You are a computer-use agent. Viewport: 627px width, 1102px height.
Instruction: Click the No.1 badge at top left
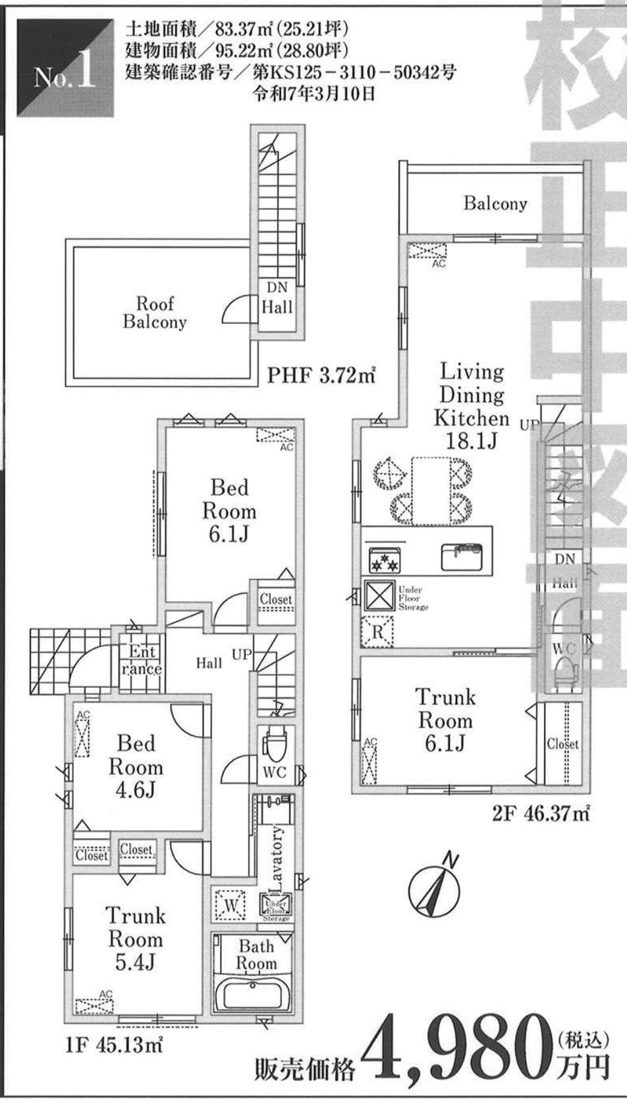point(65,69)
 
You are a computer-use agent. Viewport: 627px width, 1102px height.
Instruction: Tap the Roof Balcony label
point(155,313)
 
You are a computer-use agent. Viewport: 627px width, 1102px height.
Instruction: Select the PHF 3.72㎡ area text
point(321,375)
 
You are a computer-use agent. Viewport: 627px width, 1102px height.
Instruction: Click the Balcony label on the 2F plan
point(495,203)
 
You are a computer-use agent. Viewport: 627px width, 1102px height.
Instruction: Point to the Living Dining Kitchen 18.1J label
point(471,406)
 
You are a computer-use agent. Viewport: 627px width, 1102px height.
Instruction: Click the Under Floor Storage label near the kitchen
point(412,598)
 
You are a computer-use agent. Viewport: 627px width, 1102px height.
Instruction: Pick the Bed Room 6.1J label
point(229,511)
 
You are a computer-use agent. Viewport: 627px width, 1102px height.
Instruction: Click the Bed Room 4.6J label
point(135,767)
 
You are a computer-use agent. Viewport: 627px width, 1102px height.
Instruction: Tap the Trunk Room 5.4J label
point(135,939)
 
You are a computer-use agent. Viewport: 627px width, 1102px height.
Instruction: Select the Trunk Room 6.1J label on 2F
point(445,720)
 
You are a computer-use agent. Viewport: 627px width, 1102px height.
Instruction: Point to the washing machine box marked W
point(229,906)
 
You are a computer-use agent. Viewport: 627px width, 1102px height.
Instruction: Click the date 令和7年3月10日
point(315,93)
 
